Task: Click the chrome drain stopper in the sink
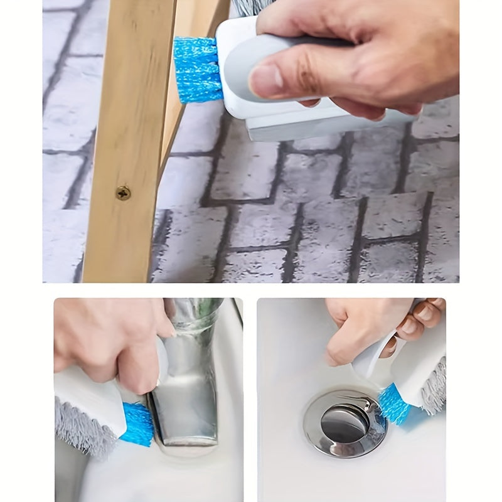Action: point(344,422)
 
